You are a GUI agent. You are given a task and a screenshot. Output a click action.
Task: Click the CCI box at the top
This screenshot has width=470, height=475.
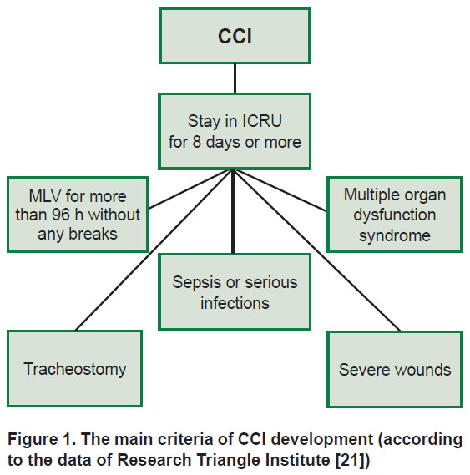tap(235, 36)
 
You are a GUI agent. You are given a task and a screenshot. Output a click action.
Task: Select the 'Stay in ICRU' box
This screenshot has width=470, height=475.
tap(235, 131)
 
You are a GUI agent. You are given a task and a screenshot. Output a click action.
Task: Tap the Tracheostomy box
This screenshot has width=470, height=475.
tap(74, 368)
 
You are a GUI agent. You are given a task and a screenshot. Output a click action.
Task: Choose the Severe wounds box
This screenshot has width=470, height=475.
tap(395, 369)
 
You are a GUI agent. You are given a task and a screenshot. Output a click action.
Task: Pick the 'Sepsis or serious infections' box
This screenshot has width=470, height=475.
tap(235, 291)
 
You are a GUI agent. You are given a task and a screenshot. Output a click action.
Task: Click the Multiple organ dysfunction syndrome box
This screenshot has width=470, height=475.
tap(395, 215)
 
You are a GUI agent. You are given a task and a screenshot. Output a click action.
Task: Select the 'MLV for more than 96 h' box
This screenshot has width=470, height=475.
tap(78, 215)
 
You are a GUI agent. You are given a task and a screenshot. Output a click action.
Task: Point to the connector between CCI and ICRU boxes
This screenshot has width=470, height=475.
tap(235, 78)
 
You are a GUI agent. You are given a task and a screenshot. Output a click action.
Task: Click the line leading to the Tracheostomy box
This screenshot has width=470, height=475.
tap(154, 250)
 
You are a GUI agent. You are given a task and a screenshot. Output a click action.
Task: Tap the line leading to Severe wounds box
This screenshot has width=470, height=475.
tap(316, 250)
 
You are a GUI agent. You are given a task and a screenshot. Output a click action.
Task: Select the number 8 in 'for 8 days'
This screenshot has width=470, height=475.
tap(197, 142)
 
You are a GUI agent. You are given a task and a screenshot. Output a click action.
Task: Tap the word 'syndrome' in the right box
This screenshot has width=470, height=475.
tap(395, 235)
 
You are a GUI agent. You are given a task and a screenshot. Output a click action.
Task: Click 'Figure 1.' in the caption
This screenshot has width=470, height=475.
tap(42, 439)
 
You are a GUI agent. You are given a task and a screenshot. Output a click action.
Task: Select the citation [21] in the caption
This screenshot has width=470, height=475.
tap(353, 460)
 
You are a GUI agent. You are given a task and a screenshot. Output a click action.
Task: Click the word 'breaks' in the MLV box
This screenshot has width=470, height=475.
tap(93, 235)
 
